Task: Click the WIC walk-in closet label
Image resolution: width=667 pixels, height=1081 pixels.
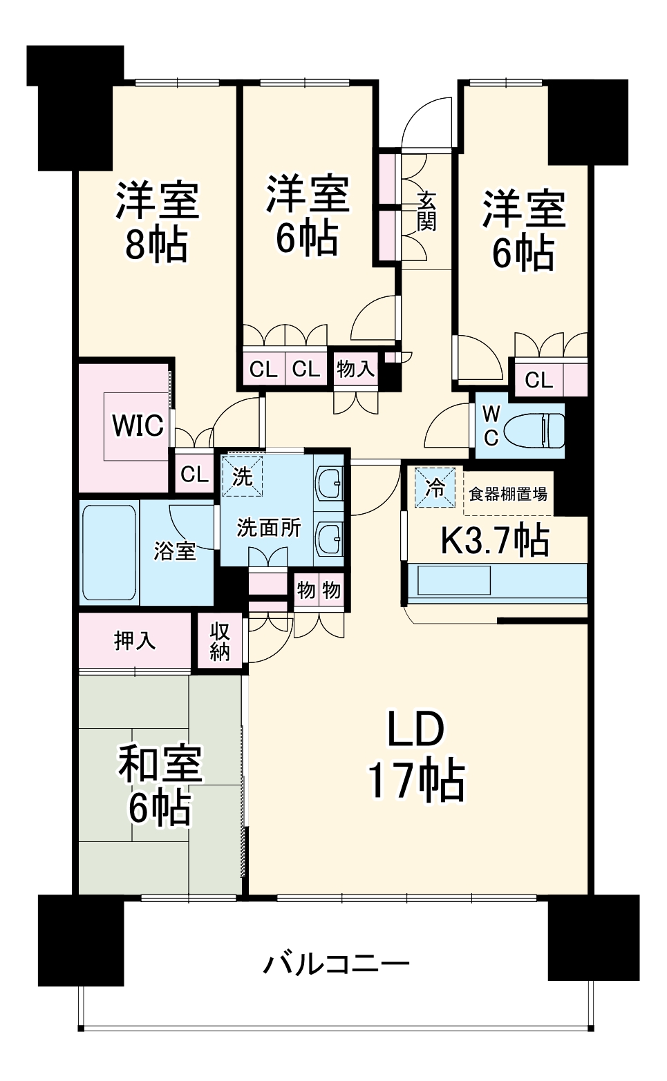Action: pyautogui.click(x=138, y=425)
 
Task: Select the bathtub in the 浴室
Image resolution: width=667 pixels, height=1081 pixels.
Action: pyautogui.click(x=109, y=553)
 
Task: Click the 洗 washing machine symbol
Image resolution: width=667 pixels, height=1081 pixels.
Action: pyautogui.click(x=242, y=476)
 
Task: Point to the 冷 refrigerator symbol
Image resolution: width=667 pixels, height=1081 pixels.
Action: pyautogui.click(x=435, y=488)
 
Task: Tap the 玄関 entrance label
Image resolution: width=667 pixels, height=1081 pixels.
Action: pyautogui.click(x=426, y=210)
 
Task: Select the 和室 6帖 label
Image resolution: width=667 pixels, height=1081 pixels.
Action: pyautogui.click(x=160, y=785)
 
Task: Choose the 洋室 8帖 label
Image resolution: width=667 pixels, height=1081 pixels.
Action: pyautogui.click(x=157, y=222)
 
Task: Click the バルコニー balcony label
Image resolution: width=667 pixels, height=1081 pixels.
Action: pyautogui.click(x=336, y=964)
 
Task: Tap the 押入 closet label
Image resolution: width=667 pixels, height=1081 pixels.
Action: pyautogui.click(x=135, y=641)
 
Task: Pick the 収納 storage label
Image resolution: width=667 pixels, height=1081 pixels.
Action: pyautogui.click(x=220, y=642)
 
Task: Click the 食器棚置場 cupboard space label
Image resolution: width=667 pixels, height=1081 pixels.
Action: pyautogui.click(x=508, y=495)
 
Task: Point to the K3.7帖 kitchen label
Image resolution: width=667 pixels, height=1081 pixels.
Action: pyautogui.click(x=495, y=541)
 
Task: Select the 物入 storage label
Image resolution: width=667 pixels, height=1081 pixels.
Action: pyautogui.click(x=355, y=370)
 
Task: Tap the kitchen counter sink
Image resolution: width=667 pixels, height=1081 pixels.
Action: pyautogui.click(x=453, y=580)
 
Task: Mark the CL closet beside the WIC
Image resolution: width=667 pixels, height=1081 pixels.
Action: pyautogui.click(x=194, y=475)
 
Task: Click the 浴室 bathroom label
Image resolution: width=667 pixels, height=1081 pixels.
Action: pyautogui.click(x=175, y=551)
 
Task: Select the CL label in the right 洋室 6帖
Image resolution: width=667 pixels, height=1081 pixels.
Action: pyautogui.click(x=538, y=380)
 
